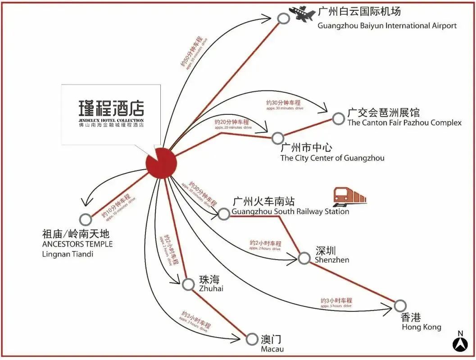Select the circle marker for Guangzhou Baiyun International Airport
point(283,18)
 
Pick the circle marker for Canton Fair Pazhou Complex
point(338,118)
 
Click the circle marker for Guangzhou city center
point(278,137)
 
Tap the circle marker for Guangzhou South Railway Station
point(224,214)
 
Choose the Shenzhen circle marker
point(304,258)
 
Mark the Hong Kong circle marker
point(400,306)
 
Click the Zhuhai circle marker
point(188,284)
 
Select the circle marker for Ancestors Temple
point(85,219)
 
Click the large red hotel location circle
point(161,162)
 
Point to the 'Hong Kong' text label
point(422,327)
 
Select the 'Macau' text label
point(272,349)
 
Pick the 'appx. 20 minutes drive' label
point(233,128)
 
